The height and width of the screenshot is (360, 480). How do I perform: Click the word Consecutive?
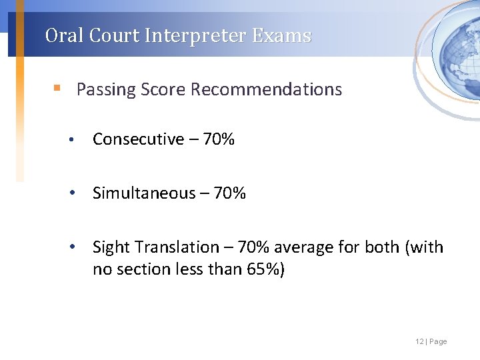[138, 139]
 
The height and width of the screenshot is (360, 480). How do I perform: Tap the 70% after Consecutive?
[218, 139]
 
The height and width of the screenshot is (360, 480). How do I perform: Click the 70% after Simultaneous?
[230, 193]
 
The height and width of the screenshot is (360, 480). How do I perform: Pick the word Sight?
[111, 248]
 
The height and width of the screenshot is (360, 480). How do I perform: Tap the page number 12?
[419, 341]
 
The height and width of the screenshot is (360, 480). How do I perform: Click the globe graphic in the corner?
[456, 51]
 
